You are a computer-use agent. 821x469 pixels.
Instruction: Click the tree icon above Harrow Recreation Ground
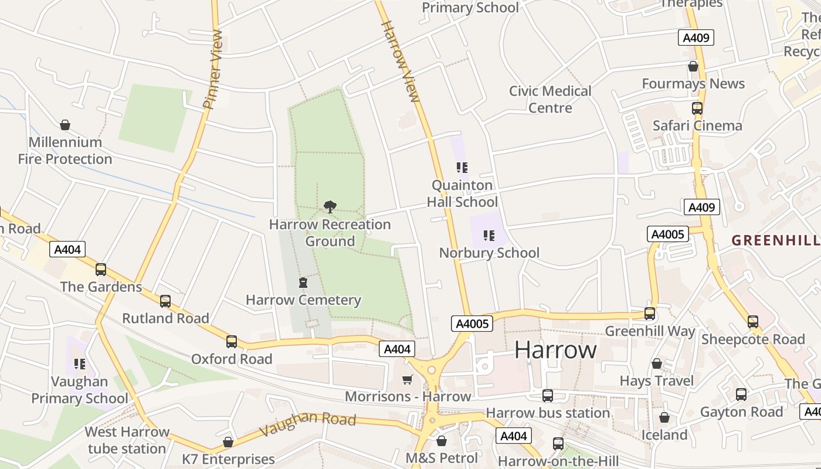pos(330,206)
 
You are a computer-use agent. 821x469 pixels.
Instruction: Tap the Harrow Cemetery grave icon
pos(303,283)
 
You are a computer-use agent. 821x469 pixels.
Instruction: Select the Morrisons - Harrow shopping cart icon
pos(408,379)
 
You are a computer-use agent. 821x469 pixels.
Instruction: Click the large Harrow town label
pos(555,350)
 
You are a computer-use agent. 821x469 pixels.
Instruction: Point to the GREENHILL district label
pos(775,240)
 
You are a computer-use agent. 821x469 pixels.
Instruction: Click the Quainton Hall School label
pos(462,193)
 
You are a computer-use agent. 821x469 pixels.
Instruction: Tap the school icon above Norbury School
pos(488,236)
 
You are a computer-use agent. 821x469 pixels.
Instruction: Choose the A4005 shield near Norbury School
pos(471,324)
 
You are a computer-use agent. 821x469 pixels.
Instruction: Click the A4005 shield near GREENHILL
pos(668,235)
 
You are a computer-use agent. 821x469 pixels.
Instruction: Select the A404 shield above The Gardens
pos(67,249)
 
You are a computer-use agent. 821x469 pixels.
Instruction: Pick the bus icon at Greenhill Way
pos(650,314)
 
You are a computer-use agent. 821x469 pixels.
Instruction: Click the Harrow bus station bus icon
pos(547,396)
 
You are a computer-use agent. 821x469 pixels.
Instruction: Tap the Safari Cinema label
pos(697,125)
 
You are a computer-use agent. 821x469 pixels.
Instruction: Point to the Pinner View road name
pos(213,70)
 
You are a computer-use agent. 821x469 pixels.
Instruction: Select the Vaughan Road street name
pos(307,423)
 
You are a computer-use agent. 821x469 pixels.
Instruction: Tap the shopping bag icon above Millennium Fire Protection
pos(65,125)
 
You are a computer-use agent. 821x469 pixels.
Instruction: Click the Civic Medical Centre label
pos(550,99)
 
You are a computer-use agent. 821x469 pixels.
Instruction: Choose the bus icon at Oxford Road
pos(232,342)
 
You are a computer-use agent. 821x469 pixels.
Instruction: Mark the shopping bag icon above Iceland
pos(664,417)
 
